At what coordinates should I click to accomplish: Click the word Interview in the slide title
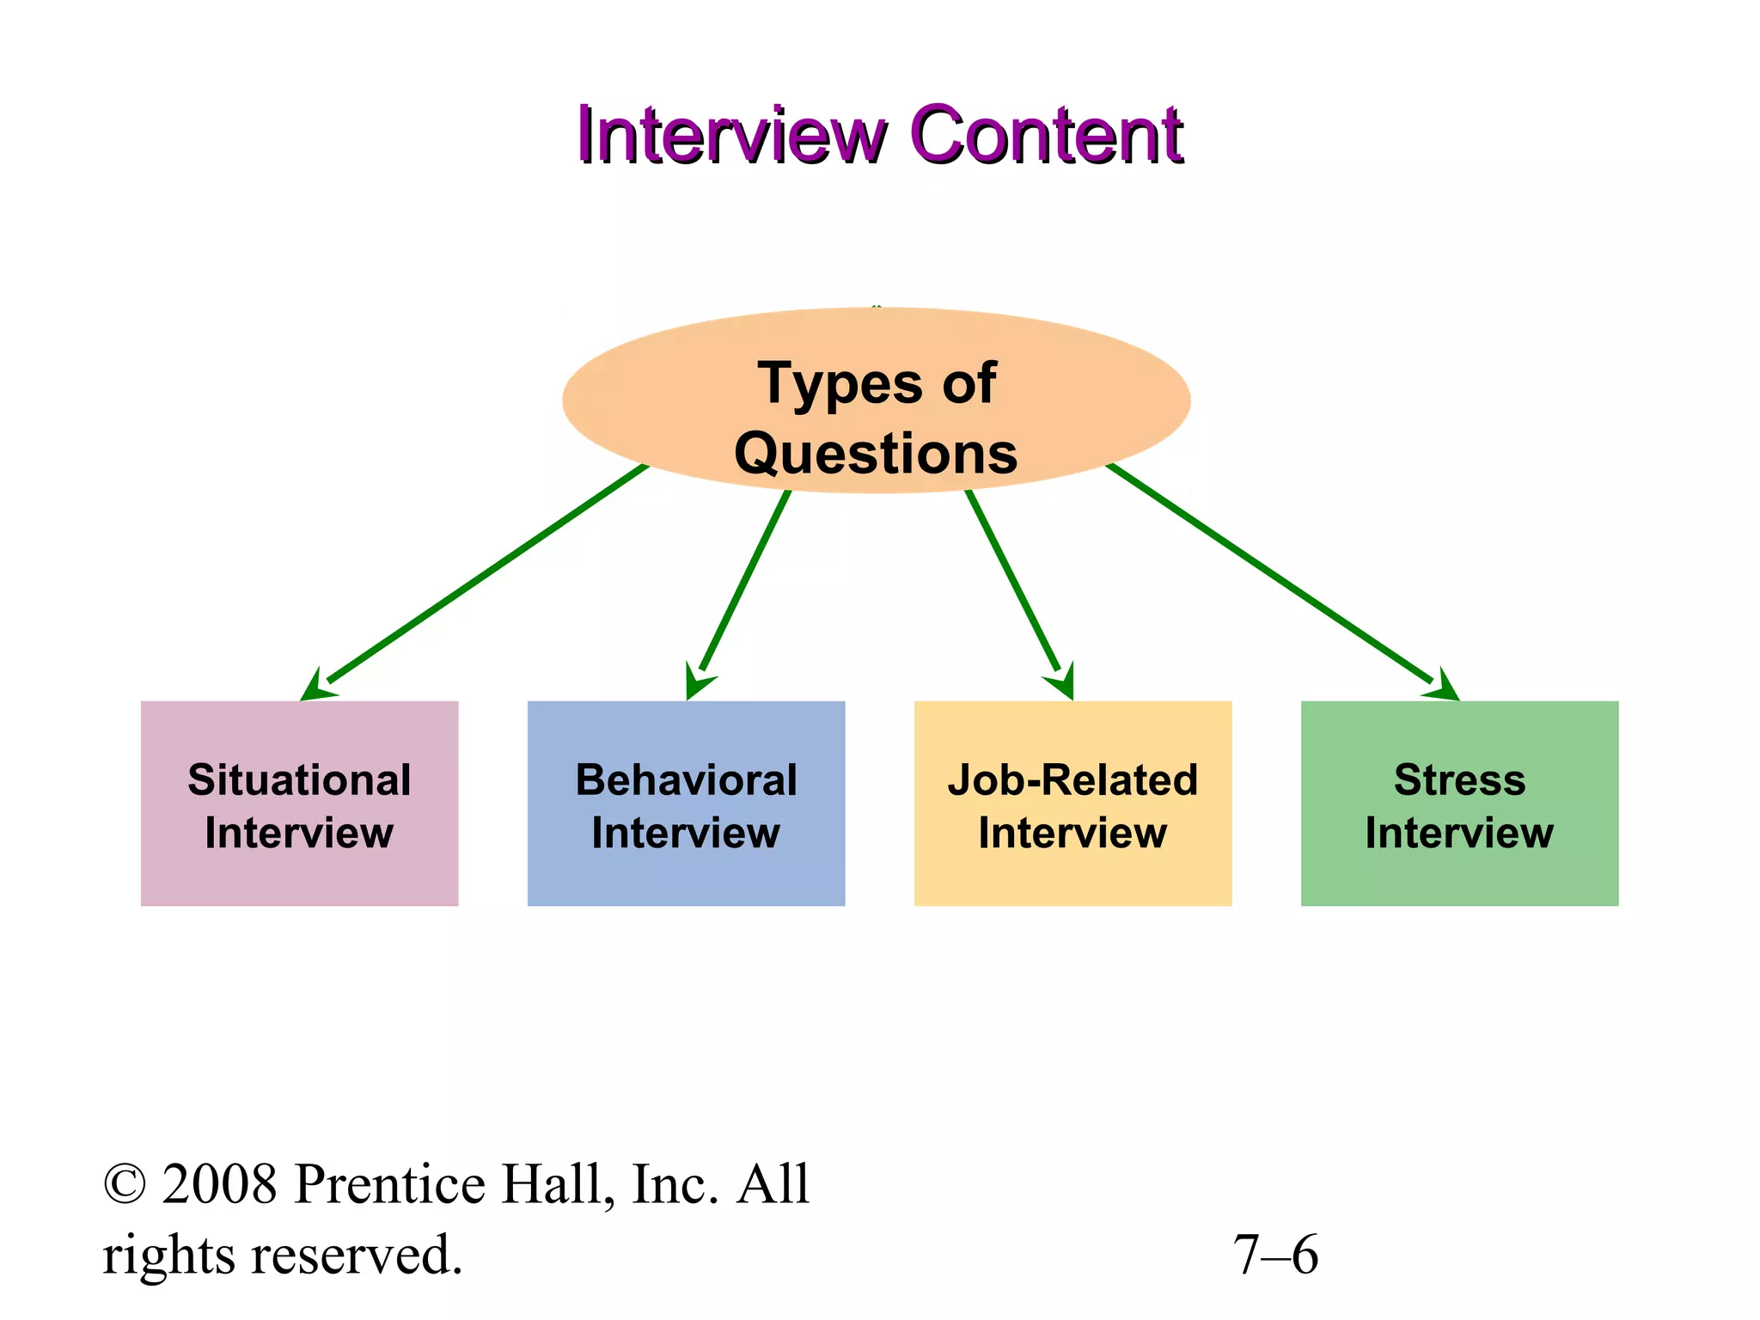(x=730, y=136)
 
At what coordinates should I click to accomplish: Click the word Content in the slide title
(x=1047, y=136)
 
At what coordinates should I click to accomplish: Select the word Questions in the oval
(x=876, y=454)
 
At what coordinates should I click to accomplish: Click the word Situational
(x=299, y=780)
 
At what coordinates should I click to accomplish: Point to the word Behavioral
(x=686, y=780)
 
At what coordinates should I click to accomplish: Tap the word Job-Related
(x=1072, y=780)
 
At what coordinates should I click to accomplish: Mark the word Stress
(x=1459, y=780)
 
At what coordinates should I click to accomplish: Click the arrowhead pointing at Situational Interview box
(x=315, y=687)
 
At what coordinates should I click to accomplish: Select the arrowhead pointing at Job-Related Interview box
(x=1064, y=683)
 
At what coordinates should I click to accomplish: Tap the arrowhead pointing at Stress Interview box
(x=1444, y=687)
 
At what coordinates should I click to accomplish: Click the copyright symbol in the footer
(x=125, y=1184)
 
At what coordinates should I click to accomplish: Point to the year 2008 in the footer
(x=220, y=1184)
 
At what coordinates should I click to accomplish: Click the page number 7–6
(x=1275, y=1255)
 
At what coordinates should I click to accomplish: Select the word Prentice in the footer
(x=389, y=1184)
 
